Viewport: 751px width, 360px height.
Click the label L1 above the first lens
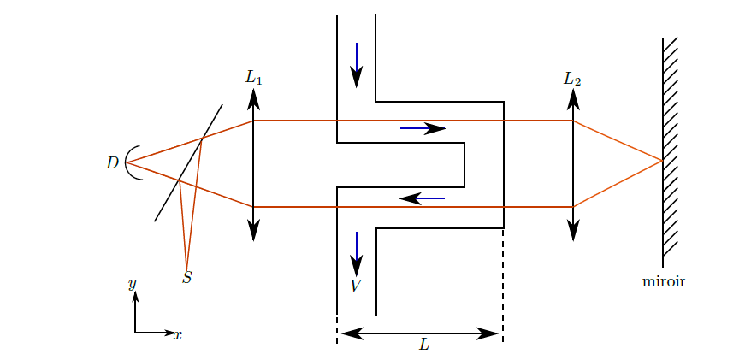coord(253,78)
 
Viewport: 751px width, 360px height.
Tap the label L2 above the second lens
coord(572,79)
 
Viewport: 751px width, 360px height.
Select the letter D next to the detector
coord(112,163)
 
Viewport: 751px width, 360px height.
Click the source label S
coord(186,277)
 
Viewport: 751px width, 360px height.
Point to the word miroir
coord(664,281)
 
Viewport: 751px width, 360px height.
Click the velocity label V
coord(355,286)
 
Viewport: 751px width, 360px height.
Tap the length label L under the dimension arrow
coord(424,345)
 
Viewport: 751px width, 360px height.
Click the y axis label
coord(133,285)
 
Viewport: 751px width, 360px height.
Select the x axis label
coord(178,334)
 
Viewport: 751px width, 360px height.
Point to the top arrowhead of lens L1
coord(253,97)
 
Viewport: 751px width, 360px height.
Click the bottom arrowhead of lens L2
coord(573,231)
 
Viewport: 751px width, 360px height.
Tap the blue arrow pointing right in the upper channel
coord(423,128)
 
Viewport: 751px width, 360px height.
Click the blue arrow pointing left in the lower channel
coord(422,198)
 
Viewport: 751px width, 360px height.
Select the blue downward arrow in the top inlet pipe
coord(357,65)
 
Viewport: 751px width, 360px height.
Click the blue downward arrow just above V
coord(357,254)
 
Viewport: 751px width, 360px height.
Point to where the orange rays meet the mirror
coord(662,161)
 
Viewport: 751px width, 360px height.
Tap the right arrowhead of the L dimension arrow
coord(489,333)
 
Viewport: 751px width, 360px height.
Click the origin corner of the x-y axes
coord(135,333)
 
